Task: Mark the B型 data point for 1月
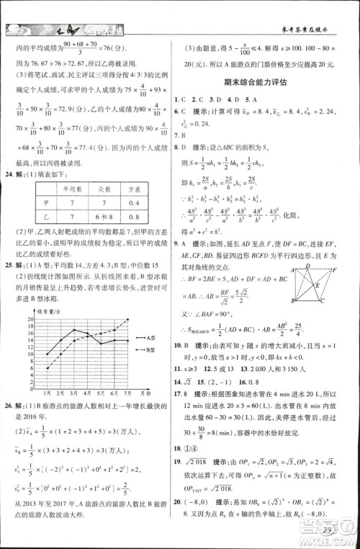pyautogui.click(x=48, y=368)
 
